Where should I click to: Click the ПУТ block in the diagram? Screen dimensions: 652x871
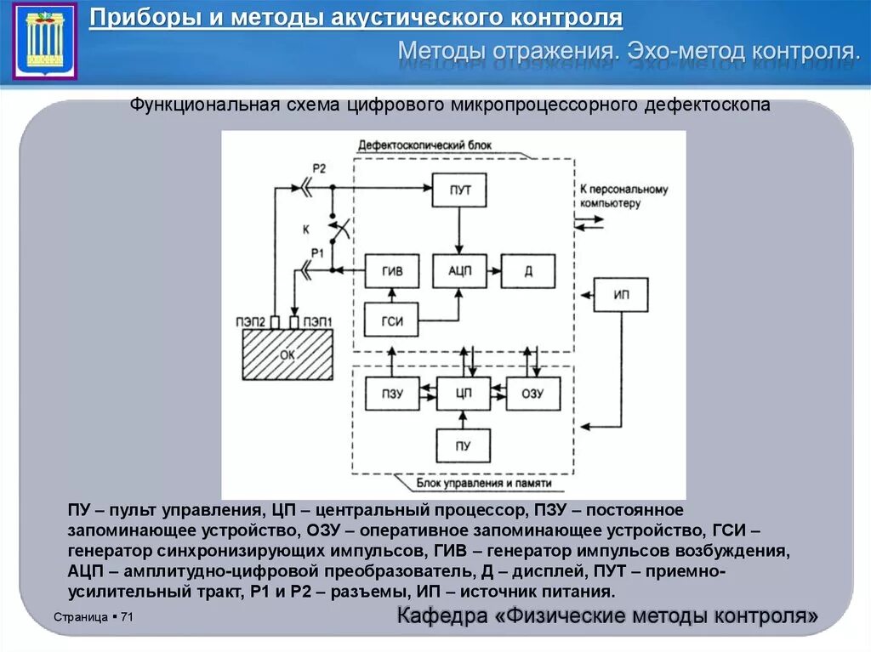pos(459,191)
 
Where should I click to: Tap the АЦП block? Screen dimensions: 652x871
pos(459,271)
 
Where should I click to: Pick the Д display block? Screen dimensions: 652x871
pos(528,271)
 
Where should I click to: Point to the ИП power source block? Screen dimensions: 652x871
pos(622,294)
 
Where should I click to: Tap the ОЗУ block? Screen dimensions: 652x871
pos(532,394)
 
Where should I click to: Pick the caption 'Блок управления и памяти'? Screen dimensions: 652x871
pos(485,484)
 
